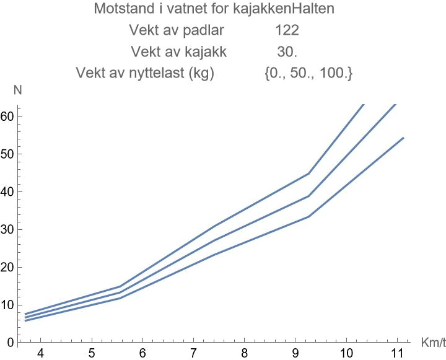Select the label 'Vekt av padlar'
click(x=177, y=30)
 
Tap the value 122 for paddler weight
click(x=287, y=30)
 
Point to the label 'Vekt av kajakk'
click(x=178, y=52)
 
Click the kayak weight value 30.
click(x=287, y=52)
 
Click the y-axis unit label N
click(x=17, y=90)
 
